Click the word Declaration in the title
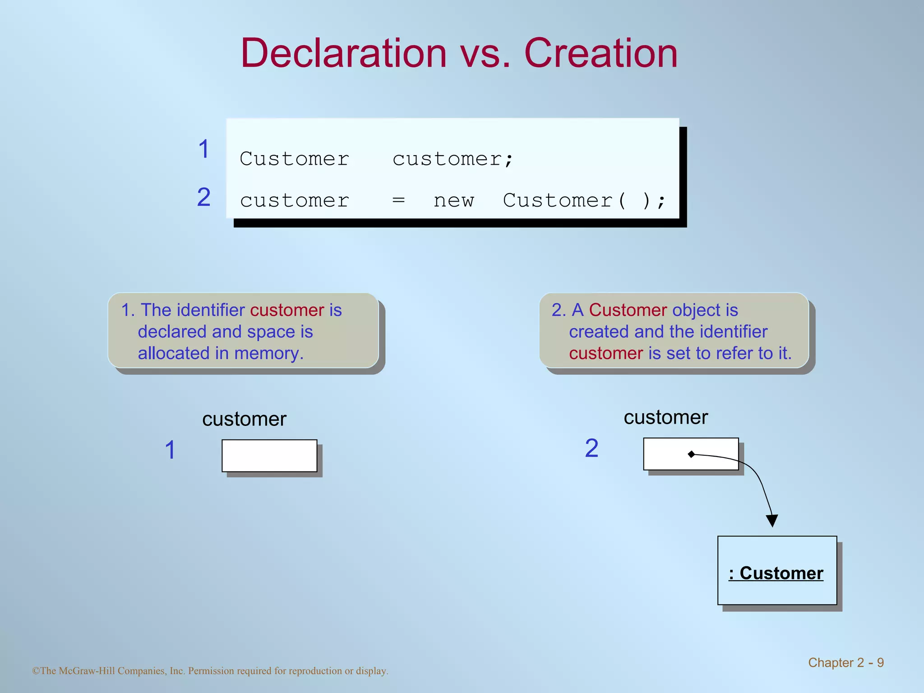point(343,53)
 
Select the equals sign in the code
point(398,200)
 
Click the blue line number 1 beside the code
point(204,149)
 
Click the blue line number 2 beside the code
point(204,197)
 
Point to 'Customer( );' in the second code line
point(584,200)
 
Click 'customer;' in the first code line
point(453,159)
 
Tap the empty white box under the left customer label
point(269,456)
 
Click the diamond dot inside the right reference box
point(691,454)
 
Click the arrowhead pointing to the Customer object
point(772,521)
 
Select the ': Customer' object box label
point(776,573)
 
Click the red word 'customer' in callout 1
point(287,310)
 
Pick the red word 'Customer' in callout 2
point(628,310)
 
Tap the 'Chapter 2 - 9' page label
point(845,662)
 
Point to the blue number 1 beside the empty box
point(170,450)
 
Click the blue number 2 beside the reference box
point(591,448)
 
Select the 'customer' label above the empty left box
point(244,419)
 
